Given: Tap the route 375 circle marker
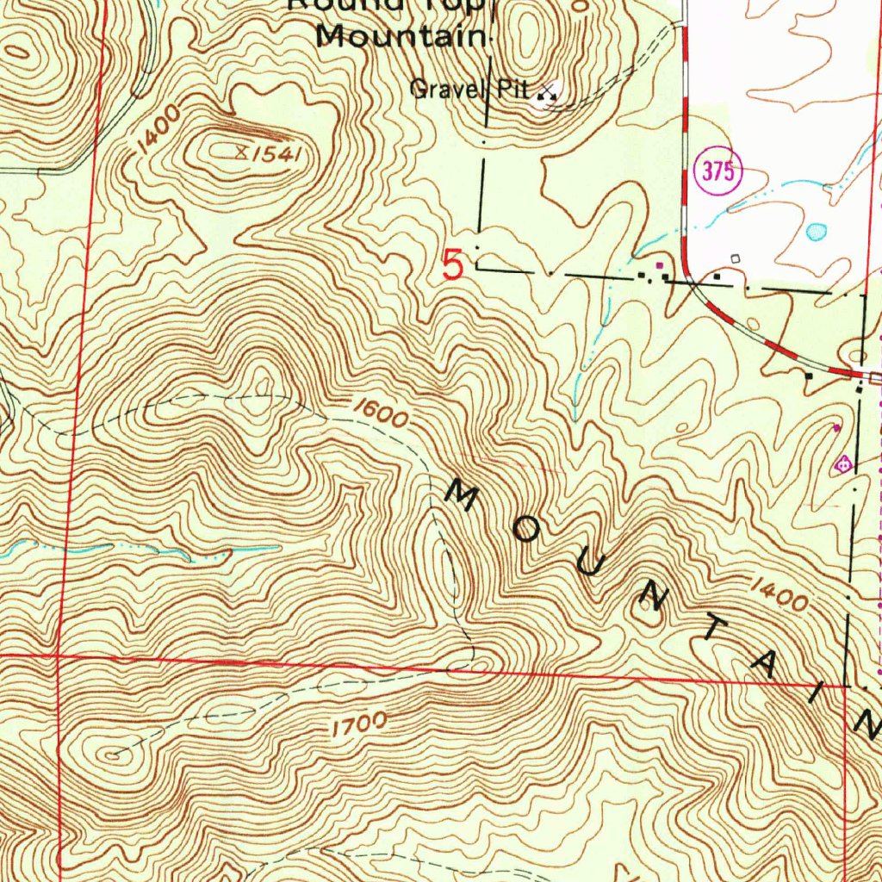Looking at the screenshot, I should tap(717, 171).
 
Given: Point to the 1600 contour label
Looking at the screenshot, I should tap(379, 414).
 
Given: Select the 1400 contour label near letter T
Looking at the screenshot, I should tap(779, 593).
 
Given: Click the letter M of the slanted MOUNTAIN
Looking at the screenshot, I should tap(463, 497).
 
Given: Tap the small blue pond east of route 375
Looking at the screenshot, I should tap(816, 232).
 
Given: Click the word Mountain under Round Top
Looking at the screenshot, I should tap(401, 37).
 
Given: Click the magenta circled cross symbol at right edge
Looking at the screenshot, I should tap(843, 464).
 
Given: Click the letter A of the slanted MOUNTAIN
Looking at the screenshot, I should tap(764, 661).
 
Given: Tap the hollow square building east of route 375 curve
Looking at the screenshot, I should tap(735, 258).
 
